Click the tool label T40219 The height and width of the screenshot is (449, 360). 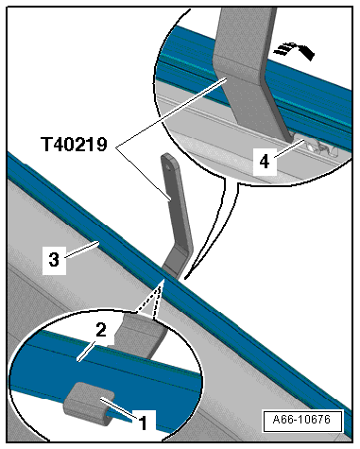pyautogui.click(x=75, y=145)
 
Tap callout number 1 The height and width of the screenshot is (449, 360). pyautogui.click(x=143, y=423)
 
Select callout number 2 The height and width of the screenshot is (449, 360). pyautogui.click(x=101, y=331)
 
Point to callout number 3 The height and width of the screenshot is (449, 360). pyautogui.click(x=54, y=259)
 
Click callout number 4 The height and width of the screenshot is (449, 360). pyautogui.click(x=265, y=162)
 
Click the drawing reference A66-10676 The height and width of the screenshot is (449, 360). pyautogui.click(x=301, y=420)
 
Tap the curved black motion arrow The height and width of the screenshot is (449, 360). pyautogui.click(x=295, y=50)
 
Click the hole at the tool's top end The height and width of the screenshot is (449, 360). pyautogui.click(x=168, y=168)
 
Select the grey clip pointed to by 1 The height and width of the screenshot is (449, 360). pyautogui.click(x=89, y=404)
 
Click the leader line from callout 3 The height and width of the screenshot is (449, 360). pyautogui.click(x=82, y=250)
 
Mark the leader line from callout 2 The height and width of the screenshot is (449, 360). pyautogui.click(x=87, y=352)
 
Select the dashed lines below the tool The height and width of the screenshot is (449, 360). pyautogui.click(x=149, y=300)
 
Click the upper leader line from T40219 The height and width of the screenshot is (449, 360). pyautogui.click(x=171, y=112)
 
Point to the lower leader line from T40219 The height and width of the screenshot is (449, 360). pyautogui.click(x=144, y=174)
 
